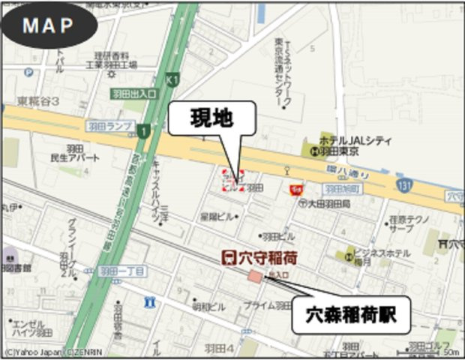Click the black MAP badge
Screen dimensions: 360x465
(48, 25)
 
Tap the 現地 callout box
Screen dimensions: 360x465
(212, 119)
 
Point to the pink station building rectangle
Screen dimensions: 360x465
(256, 277)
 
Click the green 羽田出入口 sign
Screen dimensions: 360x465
(133, 94)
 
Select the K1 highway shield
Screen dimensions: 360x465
(174, 79)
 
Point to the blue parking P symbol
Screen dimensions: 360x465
(28, 73)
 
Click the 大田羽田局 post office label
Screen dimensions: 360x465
(325, 203)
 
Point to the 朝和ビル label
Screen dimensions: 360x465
(208, 307)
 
